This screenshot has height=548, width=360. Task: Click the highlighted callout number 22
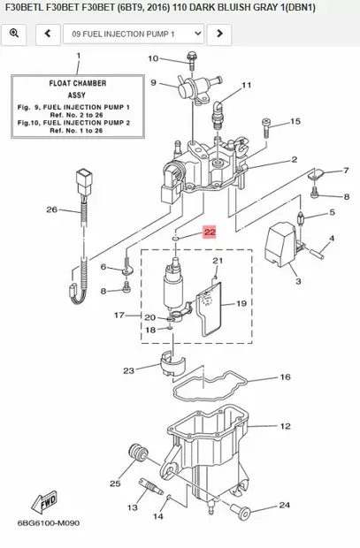click(x=210, y=232)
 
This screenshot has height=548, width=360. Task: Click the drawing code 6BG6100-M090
click(x=42, y=522)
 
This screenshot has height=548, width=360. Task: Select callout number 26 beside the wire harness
click(x=51, y=209)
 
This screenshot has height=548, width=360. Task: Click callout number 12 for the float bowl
click(x=285, y=426)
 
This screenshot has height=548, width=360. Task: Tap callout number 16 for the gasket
click(x=285, y=377)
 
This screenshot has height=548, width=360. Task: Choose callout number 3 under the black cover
click(x=297, y=281)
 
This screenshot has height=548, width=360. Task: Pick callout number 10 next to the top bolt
click(x=152, y=58)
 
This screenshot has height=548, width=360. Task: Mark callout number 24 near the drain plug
click(x=284, y=506)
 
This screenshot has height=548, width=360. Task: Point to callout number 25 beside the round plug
click(x=115, y=483)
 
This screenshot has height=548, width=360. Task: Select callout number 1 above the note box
click(x=77, y=55)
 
